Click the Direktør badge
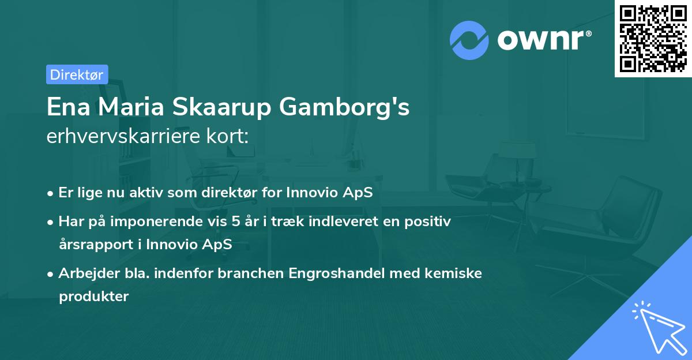77,74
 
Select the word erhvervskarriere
125,137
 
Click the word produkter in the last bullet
93,296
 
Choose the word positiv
429,221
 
